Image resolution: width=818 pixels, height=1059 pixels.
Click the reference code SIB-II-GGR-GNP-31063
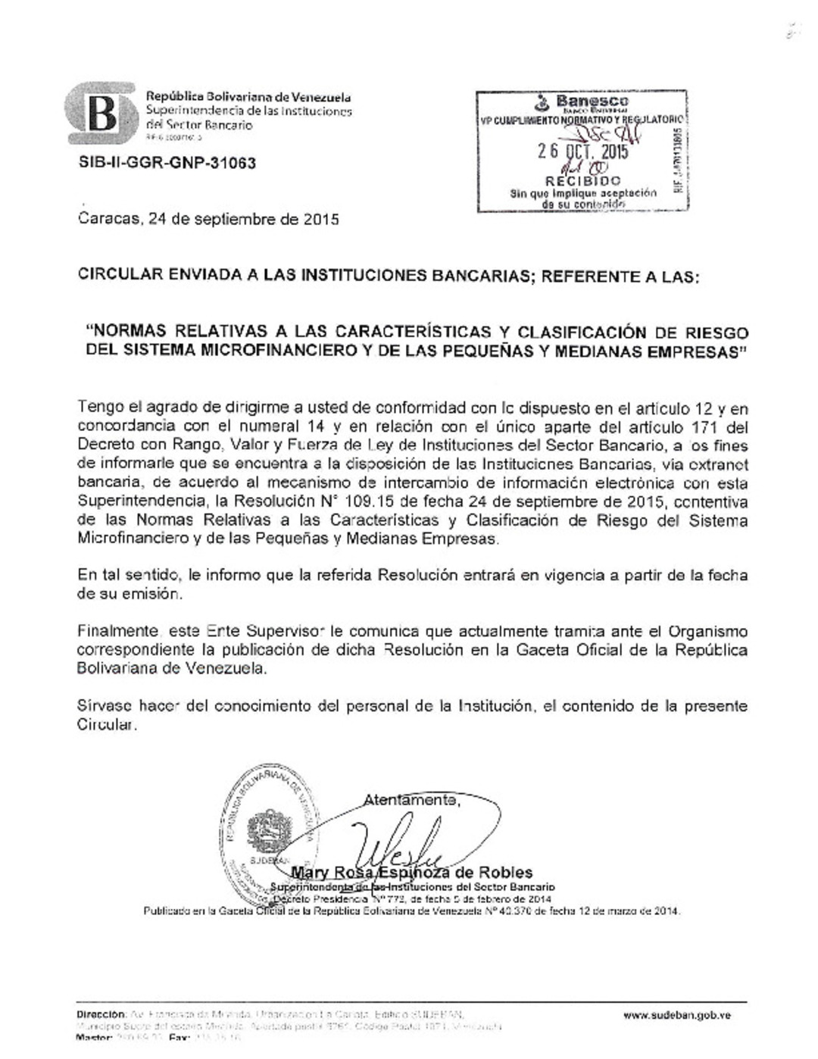(x=167, y=163)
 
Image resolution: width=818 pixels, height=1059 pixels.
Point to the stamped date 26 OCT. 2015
(x=583, y=151)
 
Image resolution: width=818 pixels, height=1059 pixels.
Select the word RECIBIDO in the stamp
(x=582, y=181)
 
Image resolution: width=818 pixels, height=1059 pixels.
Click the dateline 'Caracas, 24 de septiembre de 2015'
(x=208, y=220)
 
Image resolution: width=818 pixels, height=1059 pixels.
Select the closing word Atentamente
(x=411, y=799)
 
